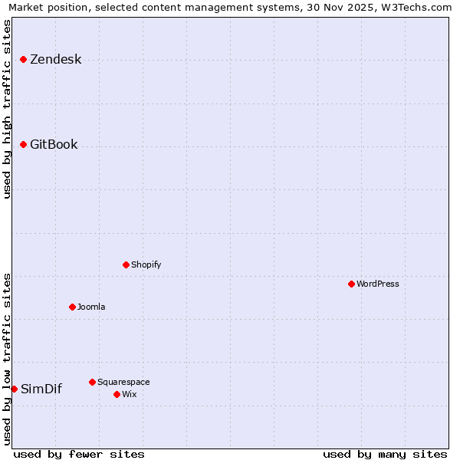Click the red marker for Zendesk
tap(24, 59)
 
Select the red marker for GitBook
tap(24, 144)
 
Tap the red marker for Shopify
tap(127, 264)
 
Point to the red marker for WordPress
tap(352, 284)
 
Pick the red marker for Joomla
tap(73, 307)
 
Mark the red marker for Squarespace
tap(93, 382)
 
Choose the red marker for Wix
tap(117, 394)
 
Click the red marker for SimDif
tap(15, 389)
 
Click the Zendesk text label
tap(55, 60)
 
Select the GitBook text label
tap(54, 145)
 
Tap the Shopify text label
tap(146, 265)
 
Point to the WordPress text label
tap(378, 284)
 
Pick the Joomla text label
tap(91, 307)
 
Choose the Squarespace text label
tap(123, 383)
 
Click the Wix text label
tap(130, 395)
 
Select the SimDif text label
tap(41, 389)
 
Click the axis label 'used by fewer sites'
tap(79, 455)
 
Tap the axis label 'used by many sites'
tap(385, 455)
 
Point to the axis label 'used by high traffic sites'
tap(7, 109)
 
